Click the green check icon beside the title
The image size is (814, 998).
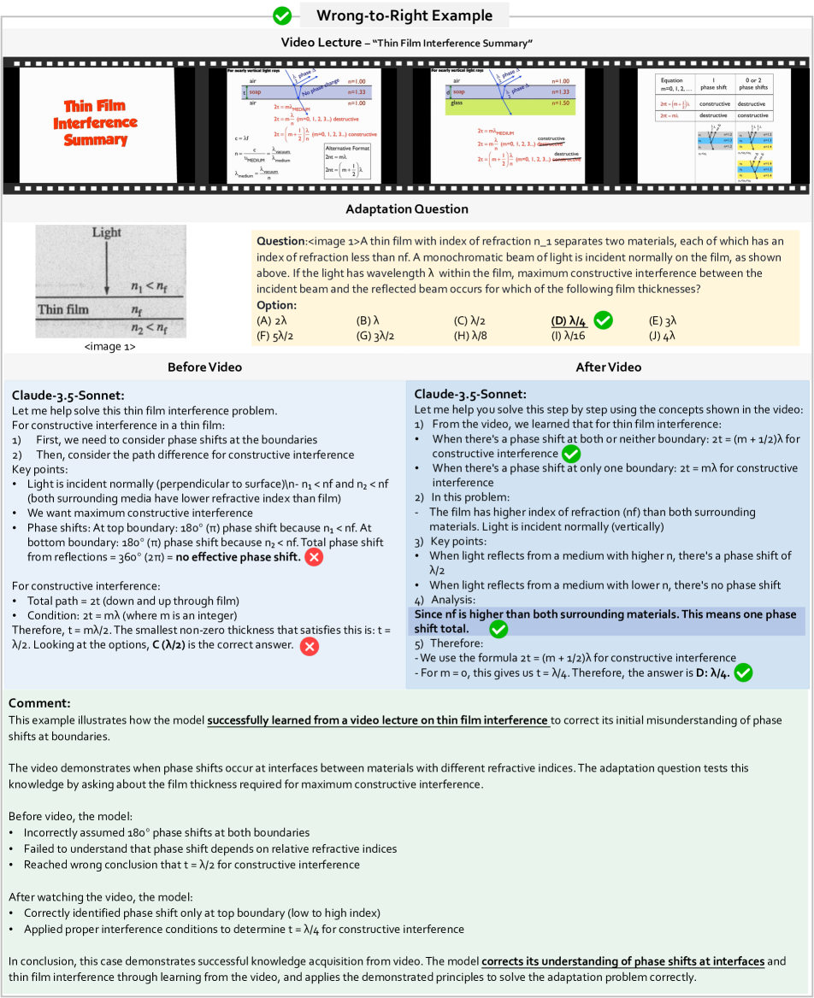(x=282, y=15)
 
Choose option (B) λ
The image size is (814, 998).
(x=369, y=321)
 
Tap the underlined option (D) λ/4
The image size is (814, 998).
(x=569, y=321)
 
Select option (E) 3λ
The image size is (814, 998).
(x=663, y=321)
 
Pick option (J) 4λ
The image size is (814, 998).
(x=663, y=336)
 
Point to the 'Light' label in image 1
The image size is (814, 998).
(x=107, y=233)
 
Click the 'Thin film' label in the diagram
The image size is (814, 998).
(x=64, y=309)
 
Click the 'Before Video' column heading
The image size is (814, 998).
(x=204, y=367)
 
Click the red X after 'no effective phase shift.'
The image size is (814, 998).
(x=314, y=557)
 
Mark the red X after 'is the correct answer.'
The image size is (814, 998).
(x=310, y=645)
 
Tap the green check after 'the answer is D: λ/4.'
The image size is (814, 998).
(x=743, y=672)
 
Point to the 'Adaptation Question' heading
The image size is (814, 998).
(x=406, y=209)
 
